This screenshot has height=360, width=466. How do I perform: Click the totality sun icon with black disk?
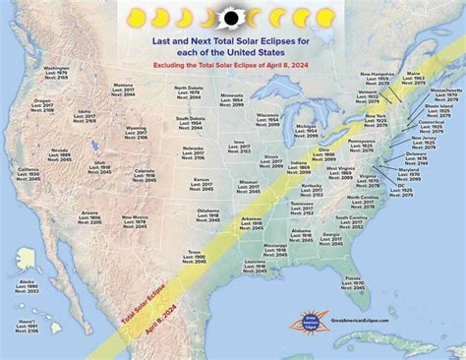[234, 17]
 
